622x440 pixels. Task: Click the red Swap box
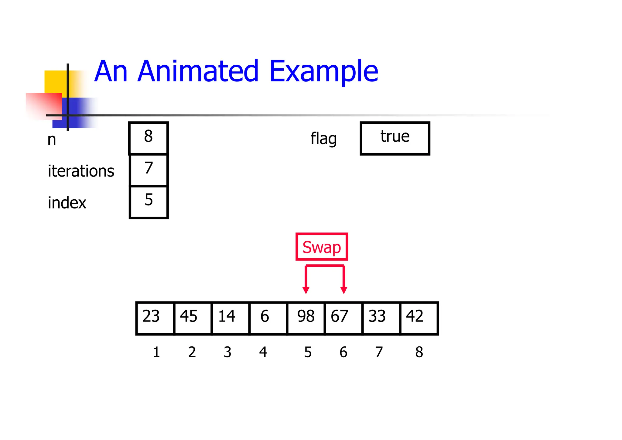coord(322,247)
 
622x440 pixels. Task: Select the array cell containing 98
coord(306,318)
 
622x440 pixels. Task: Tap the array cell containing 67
coord(343,318)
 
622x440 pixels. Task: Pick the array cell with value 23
coord(155,318)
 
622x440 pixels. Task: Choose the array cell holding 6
coord(268,318)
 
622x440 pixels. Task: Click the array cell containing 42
coord(419,318)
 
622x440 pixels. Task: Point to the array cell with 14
coord(231,318)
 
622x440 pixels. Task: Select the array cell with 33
coord(381,318)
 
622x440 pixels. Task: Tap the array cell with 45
coord(193,318)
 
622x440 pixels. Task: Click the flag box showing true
coord(395,138)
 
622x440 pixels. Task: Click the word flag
coord(323,139)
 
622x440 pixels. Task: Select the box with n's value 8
coord(149,138)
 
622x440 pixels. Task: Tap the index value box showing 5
coord(149,202)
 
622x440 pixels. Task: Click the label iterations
coord(81,171)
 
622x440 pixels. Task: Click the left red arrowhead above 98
coord(306,290)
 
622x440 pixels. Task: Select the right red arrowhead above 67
coord(344,290)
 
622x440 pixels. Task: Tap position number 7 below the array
coord(379,352)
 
